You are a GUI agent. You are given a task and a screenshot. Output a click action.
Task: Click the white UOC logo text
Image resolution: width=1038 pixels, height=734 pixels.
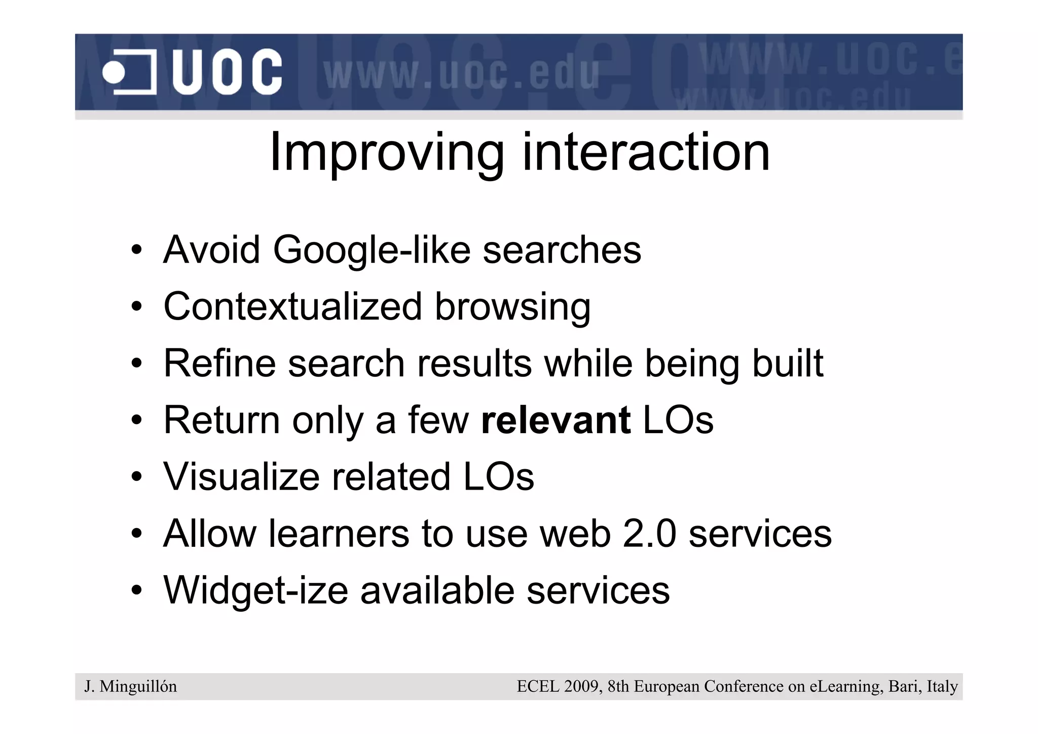[x=227, y=72]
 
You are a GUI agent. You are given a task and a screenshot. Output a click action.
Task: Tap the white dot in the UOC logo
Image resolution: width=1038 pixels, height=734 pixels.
[x=114, y=73]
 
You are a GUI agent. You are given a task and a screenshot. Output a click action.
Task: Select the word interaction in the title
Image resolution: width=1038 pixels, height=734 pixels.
[x=646, y=152]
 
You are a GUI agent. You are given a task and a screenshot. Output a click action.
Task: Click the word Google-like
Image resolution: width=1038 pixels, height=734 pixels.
[x=372, y=250]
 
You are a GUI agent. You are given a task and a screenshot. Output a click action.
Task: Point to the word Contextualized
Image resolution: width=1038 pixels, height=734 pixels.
[x=292, y=306]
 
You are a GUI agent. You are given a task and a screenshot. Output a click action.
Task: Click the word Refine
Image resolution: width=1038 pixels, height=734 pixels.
[x=219, y=363]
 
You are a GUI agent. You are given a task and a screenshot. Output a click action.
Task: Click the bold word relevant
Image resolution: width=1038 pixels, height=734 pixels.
[x=555, y=420]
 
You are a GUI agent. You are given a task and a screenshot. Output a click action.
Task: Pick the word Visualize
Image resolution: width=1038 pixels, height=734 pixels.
[x=241, y=477]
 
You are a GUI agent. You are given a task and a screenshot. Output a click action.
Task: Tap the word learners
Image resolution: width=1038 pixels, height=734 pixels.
[x=339, y=534]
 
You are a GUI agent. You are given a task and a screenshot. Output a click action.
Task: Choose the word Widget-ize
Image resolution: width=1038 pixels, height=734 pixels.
[x=255, y=591]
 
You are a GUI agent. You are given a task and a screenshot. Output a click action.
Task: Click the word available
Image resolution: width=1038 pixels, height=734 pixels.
[x=437, y=590]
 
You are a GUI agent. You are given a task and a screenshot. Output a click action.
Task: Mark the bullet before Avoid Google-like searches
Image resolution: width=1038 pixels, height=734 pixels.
[x=136, y=251]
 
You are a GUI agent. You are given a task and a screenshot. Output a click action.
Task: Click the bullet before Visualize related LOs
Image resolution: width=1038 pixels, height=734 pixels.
[x=136, y=477]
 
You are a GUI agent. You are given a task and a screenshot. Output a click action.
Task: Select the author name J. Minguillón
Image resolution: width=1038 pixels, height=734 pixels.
[x=131, y=686]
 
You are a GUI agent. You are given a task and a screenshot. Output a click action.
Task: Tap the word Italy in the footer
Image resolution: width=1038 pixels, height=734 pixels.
[x=942, y=686]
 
